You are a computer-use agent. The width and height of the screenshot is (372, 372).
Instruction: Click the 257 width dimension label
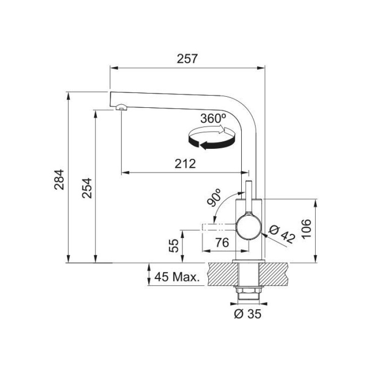[x=187, y=59]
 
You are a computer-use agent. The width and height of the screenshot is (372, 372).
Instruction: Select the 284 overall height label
[x=59, y=179]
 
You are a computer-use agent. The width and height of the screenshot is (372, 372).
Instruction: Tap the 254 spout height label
[x=86, y=188]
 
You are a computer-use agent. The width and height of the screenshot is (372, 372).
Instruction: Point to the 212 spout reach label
[x=185, y=164]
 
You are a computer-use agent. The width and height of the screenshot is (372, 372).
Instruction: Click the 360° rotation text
[x=213, y=119]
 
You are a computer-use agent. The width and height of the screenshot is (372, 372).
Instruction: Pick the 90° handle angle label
[x=214, y=197]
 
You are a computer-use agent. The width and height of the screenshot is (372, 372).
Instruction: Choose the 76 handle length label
[x=222, y=242]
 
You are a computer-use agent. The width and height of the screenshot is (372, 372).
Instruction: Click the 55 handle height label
[x=173, y=246]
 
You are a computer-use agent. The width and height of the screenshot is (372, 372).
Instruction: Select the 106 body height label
[x=306, y=228]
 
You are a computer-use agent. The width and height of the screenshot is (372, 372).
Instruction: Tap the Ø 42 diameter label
[x=282, y=234]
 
